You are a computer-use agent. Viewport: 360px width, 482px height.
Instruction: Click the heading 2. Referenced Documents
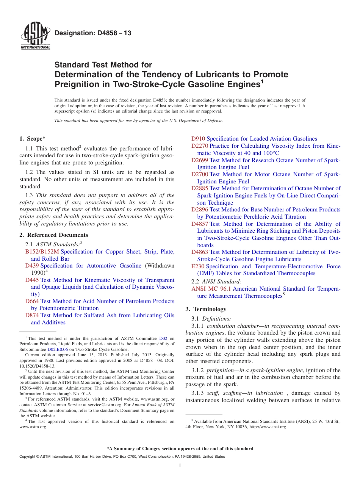[x=54, y=235]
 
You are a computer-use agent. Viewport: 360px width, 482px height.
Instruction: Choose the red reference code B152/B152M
[x=42, y=252]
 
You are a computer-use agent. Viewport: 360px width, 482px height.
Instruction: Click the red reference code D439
[x=32, y=266]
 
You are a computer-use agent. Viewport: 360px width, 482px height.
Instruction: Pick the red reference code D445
[x=32, y=280]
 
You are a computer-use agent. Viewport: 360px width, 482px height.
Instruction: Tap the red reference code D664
[x=32, y=301]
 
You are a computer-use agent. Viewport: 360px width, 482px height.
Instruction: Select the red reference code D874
[x=32, y=315]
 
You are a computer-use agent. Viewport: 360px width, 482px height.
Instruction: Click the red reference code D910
[x=198, y=139]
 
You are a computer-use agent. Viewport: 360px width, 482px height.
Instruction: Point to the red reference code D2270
[x=200, y=146]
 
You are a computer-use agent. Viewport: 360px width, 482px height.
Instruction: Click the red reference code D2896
[x=200, y=210]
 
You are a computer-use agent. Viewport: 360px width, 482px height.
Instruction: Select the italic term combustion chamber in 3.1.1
[x=230, y=326]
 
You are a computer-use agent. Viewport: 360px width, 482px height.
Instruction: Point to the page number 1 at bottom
[x=180, y=466]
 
